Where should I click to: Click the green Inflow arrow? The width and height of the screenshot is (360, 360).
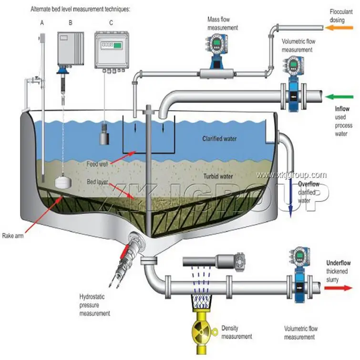tap(339, 97)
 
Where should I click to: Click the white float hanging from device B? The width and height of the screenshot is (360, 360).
tap(63, 182)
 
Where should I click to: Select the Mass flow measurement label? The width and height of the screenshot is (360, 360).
tap(223, 23)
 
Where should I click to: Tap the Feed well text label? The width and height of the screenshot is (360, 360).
tap(97, 164)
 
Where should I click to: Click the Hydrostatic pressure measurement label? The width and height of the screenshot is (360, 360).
tap(94, 305)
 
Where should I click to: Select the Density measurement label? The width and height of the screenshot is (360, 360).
tap(237, 332)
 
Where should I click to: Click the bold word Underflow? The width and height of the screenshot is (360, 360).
tap(339, 263)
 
